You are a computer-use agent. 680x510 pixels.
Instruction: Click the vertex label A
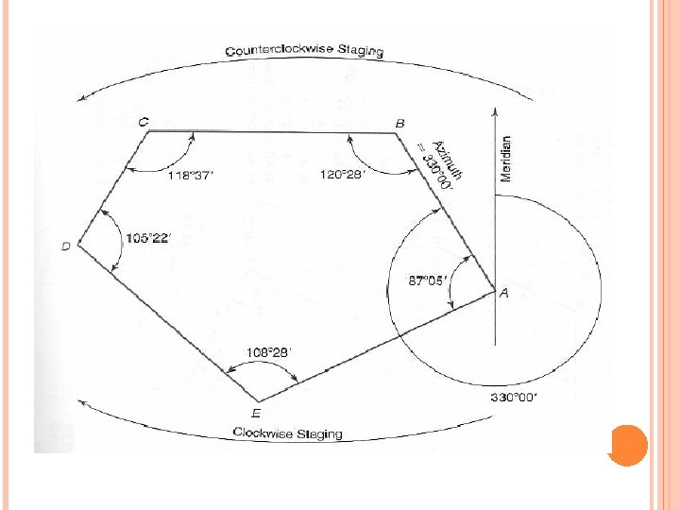click(x=504, y=294)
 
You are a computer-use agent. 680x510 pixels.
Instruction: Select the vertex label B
click(x=399, y=124)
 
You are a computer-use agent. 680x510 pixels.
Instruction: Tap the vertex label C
click(x=143, y=122)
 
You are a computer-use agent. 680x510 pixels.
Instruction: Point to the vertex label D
click(x=66, y=246)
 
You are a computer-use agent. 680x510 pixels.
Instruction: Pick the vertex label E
click(x=256, y=412)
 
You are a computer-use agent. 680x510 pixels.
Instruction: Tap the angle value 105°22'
click(x=148, y=238)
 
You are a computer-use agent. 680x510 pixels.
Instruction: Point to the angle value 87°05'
click(x=425, y=280)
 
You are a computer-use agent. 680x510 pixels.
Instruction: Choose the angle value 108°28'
click(x=269, y=352)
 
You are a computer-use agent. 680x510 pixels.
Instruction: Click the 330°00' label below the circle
click(x=514, y=398)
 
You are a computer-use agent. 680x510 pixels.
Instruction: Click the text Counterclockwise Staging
click(x=304, y=49)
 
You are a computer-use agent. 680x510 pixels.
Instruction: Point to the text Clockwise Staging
click(x=288, y=433)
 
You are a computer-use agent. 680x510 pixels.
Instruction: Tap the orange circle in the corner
click(x=628, y=446)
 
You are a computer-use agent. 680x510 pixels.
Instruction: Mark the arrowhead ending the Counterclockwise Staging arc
click(x=83, y=96)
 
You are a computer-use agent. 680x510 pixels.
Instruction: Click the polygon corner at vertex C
click(x=149, y=131)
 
